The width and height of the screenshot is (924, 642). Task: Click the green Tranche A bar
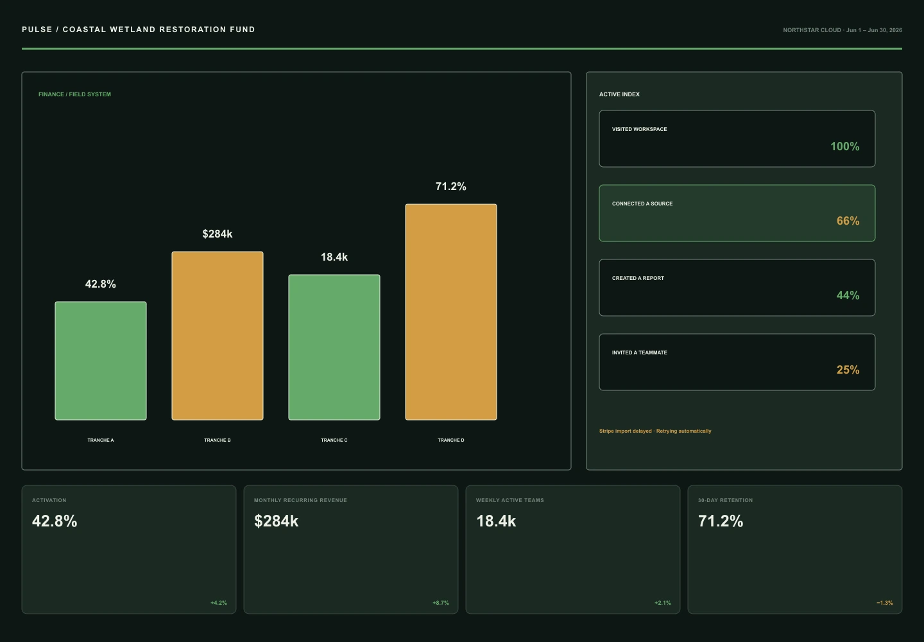click(x=101, y=361)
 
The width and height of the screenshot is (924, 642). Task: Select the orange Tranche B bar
click(x=218, y=335)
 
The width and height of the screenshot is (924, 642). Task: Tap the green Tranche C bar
click(x=334, y=347)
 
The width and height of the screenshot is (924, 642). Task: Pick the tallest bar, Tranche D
click(x=451, y=312)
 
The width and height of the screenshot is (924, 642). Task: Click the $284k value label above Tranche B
click(x=218, y=234)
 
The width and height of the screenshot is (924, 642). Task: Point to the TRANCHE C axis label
click(x=334, y=440)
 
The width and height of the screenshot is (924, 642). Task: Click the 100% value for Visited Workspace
click(x=845, y=146)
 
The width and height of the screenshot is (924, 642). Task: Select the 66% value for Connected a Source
click(x=848, y=221)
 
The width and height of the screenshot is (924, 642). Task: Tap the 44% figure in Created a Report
click(x=848, y=295)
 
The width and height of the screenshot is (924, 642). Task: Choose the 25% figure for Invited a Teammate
click(x=848, y=370)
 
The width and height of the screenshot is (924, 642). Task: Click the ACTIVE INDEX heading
click(x=619, y=94)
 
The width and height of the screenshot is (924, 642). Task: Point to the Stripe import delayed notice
click(x=655, y=431)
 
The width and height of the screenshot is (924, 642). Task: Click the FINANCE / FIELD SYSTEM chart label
click(x=74, y=94)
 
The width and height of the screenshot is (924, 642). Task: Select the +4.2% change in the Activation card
click(x=219, y=603)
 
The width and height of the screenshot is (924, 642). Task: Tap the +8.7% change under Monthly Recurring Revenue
click(x=441, y=603)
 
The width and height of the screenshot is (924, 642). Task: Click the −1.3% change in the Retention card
click(x=885, y=603)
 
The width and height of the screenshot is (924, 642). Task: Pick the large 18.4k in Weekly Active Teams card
click(x=496, y=521)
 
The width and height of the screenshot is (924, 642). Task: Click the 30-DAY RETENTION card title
click(x=725, y=501)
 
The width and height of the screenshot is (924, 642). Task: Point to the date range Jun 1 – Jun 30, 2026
click(x=874, y=30)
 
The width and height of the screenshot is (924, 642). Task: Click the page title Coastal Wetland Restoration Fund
click(x=159, y=30)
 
